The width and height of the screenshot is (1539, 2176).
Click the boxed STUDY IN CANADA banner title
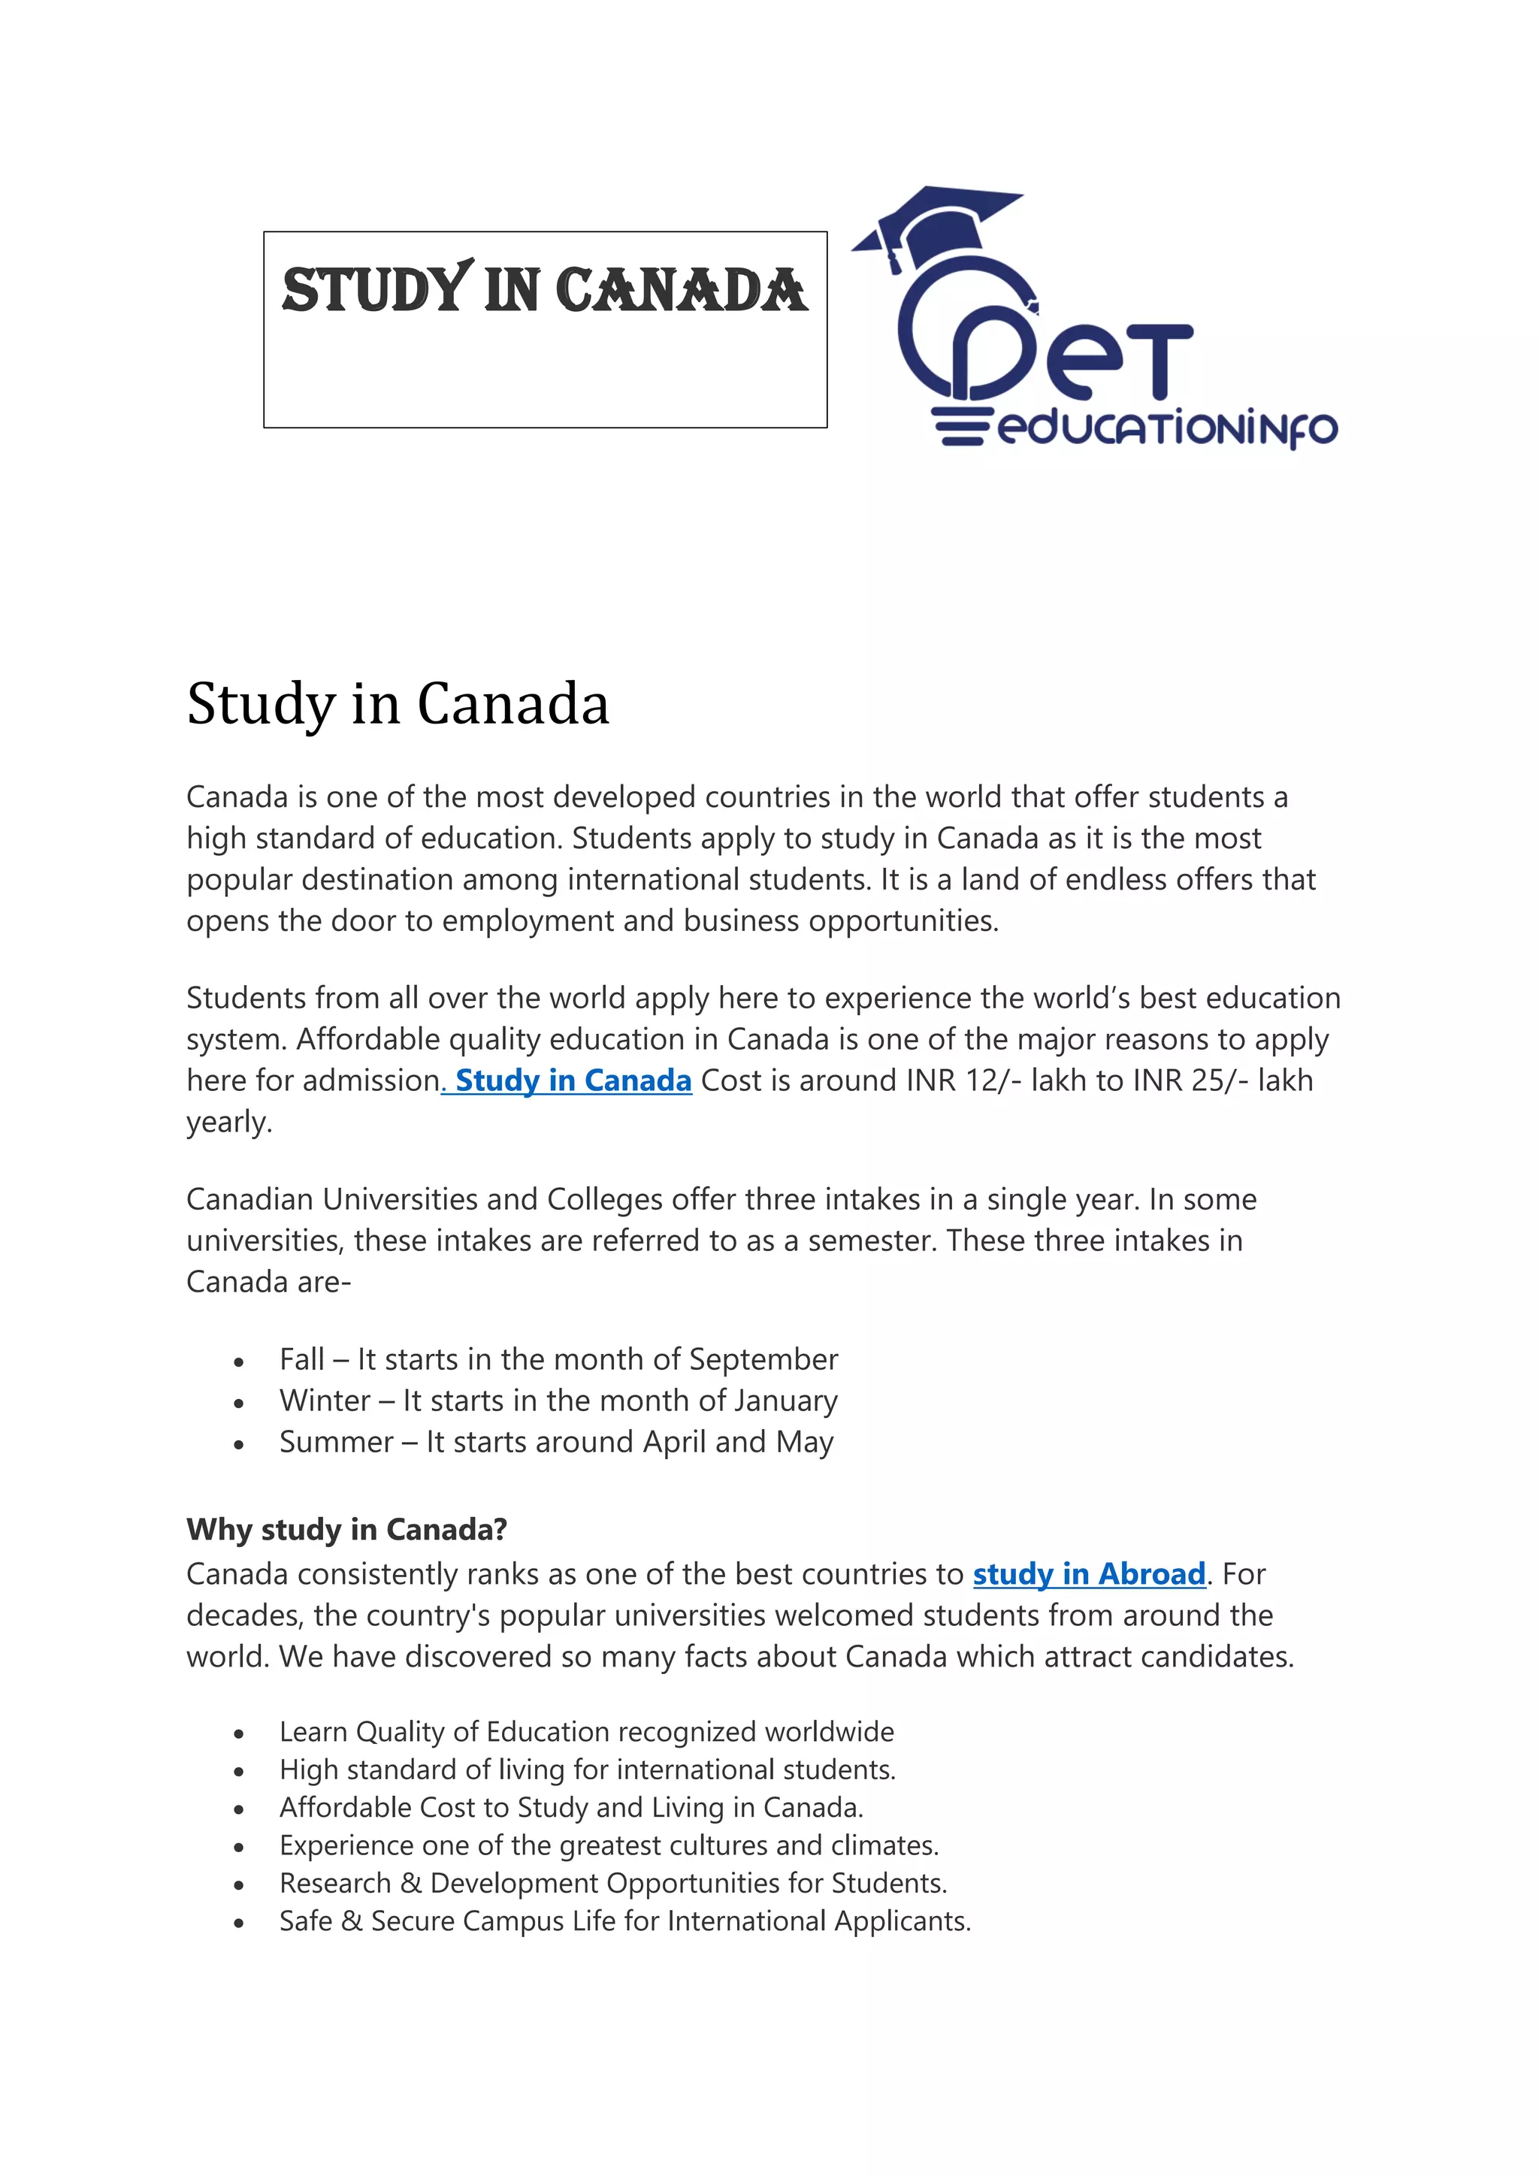(545, 290)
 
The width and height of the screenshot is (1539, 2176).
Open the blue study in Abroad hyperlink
(1089, 1574)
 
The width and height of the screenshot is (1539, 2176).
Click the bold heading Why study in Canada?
(347, 1530)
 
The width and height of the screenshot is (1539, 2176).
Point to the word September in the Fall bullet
(763, 1359)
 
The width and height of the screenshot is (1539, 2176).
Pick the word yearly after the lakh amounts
(228, 1122)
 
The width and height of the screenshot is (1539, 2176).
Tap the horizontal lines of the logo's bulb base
(960, 428)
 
